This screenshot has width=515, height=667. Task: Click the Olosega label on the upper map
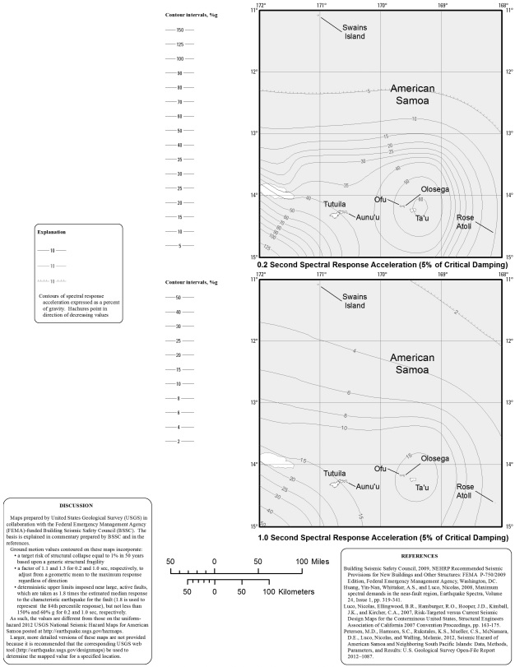[x=435, y=189]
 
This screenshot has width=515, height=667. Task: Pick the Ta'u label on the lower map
[x=422, y=488]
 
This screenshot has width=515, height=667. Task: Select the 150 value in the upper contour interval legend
[x=179, y=30]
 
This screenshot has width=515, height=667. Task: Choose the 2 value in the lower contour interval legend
[x=179, y=442]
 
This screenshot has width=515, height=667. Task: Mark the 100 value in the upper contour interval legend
[x=179, y=59]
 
